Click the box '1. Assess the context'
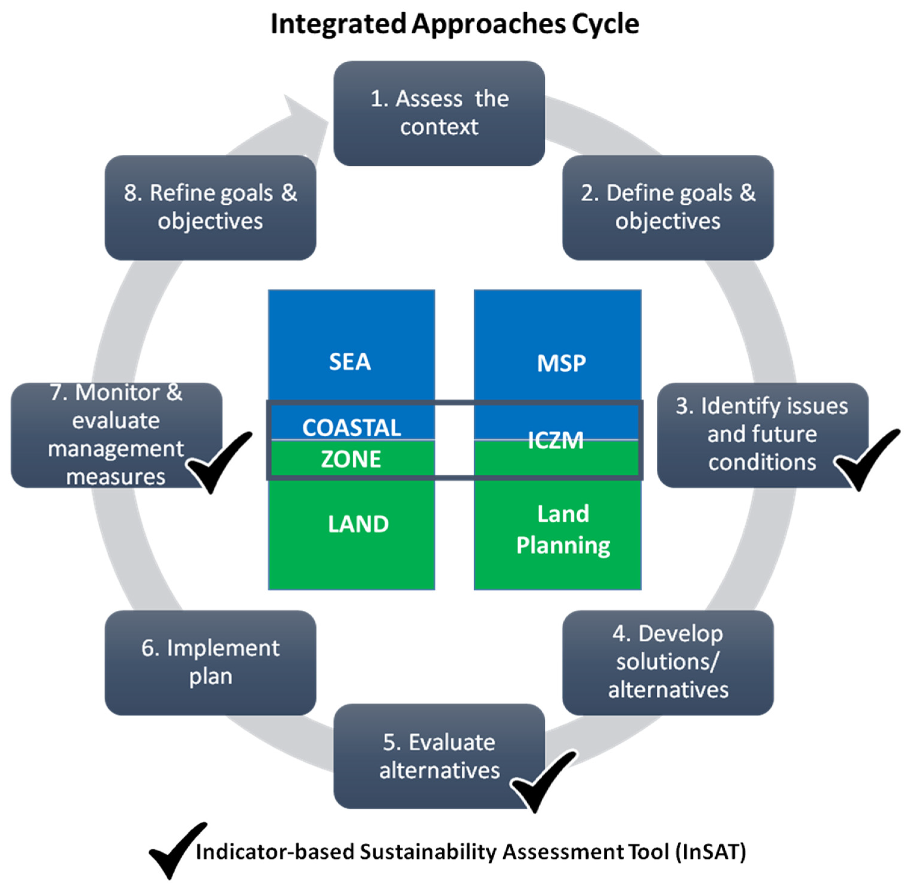(x=439, y=113)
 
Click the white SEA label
(x=350, y=362)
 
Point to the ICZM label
(x=555, y=440)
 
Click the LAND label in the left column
(x=358, y=524)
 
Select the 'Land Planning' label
(x=563, y=529)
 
